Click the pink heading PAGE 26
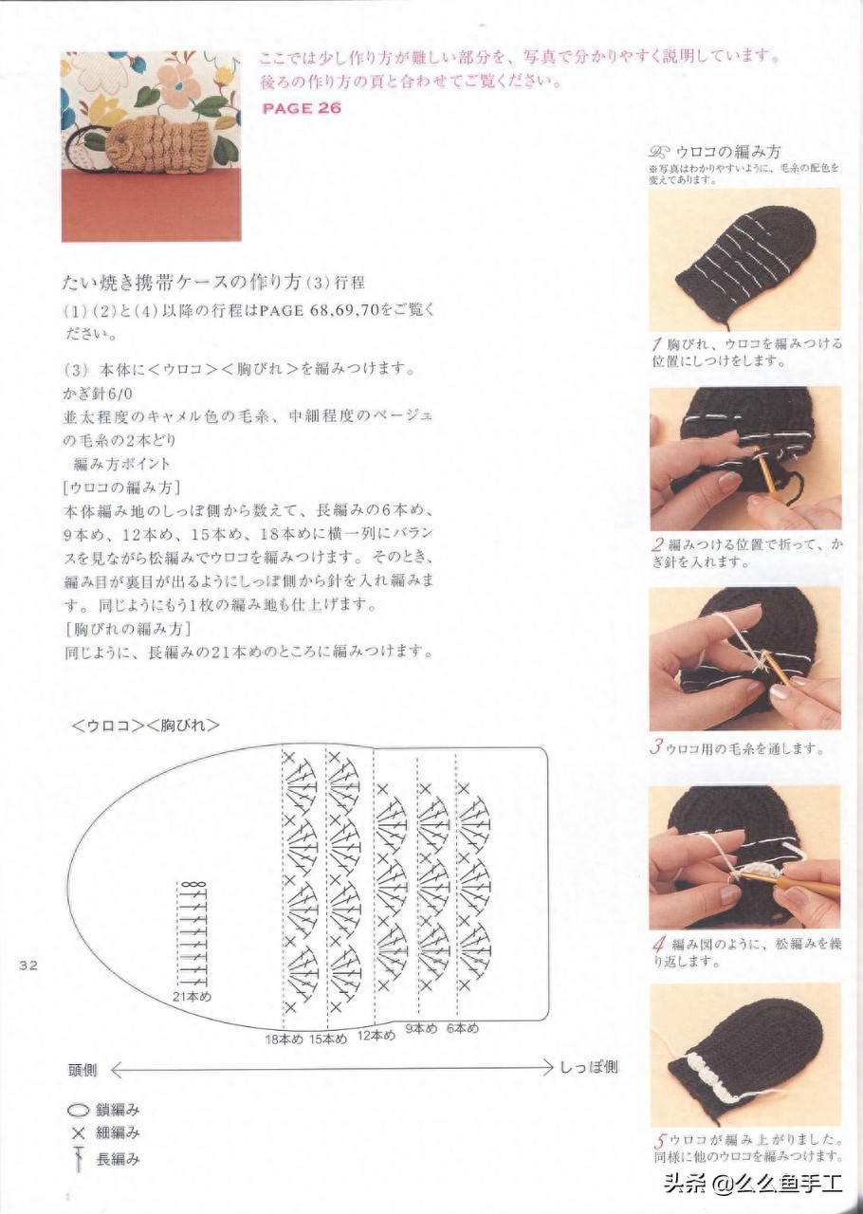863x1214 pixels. pyautogui.click(x=302, y=108)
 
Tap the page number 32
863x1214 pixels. pyautogui.click(x=28, y=966)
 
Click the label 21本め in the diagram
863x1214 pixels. pyautogui.click(x=193, y=996)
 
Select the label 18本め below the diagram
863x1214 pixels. pyautogui.click(x=285, y=1039)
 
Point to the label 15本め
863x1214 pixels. pyautogui.click(x=328, y=1039)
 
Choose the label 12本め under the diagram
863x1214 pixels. pyautogui.click(x=376, y=1036)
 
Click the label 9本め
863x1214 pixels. pyautogui.click(x=421, y=1028)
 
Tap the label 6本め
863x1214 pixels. pyautogui.click(x=463, y=1028)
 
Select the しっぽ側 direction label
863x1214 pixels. pyautogui.click(x=588, y=1068)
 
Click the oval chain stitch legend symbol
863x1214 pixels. pyautogui.click(x=79, y=1111)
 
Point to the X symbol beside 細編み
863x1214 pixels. pyautogui.click(x=79, y=1132)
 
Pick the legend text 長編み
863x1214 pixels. pyautogui.click(x=118, y=1155)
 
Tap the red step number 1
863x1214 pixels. pyautogui.click(x=657, y=343)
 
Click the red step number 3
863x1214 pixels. pyautogui.click(x=656, y=748)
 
